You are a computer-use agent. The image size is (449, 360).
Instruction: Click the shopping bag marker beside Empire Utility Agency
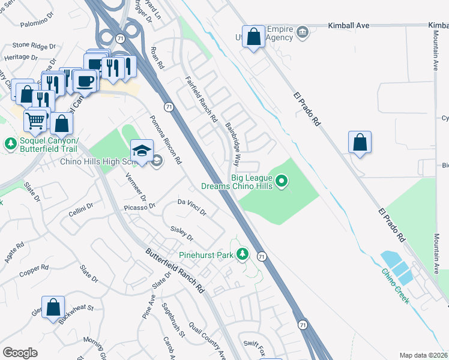(254, 36)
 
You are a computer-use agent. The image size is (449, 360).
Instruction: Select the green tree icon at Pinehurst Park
(243, 255)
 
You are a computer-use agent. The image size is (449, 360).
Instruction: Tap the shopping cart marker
(35, 120)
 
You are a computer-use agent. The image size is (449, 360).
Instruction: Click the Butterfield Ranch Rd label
(175, 271)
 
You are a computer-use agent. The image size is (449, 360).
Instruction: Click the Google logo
(20, 353)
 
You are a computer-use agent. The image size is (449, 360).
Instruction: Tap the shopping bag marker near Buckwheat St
(53, 307)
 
